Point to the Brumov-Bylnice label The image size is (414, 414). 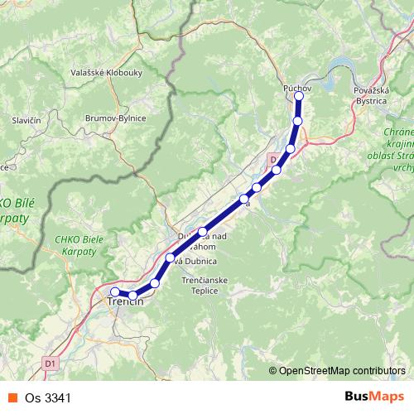point(115,118)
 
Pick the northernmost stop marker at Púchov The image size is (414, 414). point(299,96)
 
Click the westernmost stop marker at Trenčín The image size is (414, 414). point(115,291)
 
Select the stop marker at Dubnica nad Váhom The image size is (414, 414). point(203,232)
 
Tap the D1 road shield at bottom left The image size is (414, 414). point(51,362)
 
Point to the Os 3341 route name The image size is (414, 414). point(42,399)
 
